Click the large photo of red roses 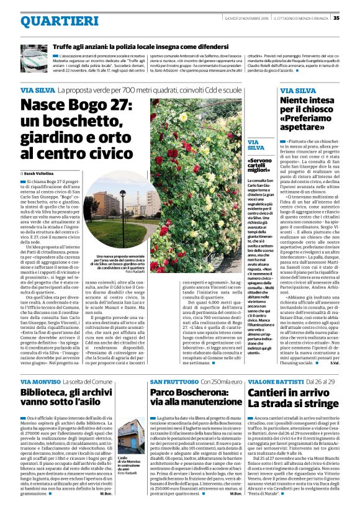click(202, 186)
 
